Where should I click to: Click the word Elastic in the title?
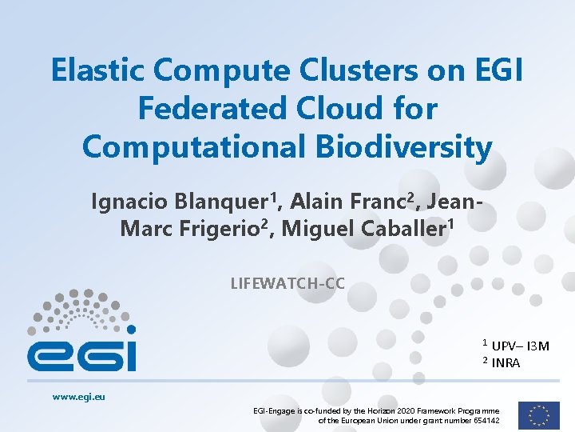97,70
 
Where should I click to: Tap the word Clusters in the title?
359,70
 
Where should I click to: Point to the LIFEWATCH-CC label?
287,282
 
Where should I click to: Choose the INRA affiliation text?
506,363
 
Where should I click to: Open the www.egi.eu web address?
79,396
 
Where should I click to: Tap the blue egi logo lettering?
81,354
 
